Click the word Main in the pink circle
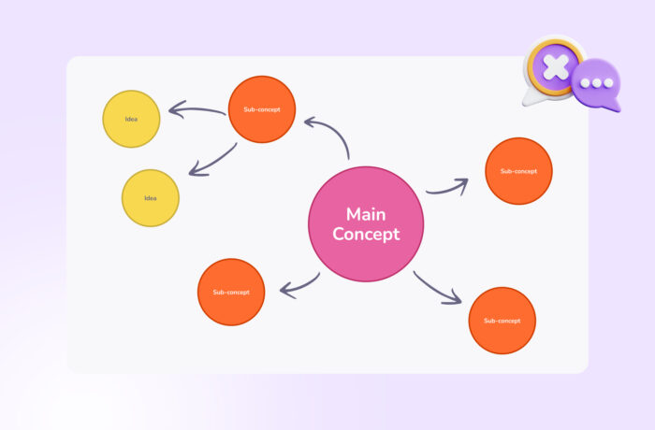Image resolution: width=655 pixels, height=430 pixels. click(x=366, y=214)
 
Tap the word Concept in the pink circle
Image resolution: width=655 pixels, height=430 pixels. click(x=366, y=235)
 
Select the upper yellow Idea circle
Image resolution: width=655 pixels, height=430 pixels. click(x=132, y=119)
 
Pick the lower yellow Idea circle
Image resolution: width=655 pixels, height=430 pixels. click(x=151, y=198)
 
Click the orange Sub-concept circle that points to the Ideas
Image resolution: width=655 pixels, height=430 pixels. click(x=262, y=109)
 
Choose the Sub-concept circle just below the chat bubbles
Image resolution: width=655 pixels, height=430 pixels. click(x=518, y=171)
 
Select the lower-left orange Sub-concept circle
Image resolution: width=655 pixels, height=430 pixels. click(x=231, y=292)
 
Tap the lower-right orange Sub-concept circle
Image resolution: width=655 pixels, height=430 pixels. click(x=502, y=321)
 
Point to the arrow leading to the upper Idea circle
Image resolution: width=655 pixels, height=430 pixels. click(x=196, y=112)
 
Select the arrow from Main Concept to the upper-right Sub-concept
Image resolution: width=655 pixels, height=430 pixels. click(x=447, y=188)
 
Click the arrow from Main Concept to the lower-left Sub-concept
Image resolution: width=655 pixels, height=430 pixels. click(x=299, y=285)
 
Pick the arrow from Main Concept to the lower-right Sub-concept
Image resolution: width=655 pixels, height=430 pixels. click(x=438, y=288)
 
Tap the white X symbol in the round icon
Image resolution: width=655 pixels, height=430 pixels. click(x=557, y=67)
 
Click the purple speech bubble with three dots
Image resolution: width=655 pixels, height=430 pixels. click(x=596, y=84)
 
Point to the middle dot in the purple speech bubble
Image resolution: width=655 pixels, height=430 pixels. click(x=595, y=82)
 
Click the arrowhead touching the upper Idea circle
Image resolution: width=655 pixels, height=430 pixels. click(x=173, y=111)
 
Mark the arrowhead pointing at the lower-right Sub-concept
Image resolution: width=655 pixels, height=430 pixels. click(x=455, y=298)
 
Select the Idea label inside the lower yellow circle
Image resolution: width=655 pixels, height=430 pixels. click(x=151, y=198)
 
